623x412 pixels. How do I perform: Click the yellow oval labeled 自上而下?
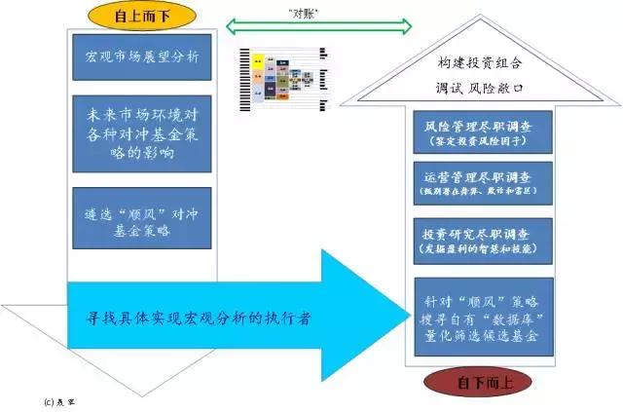pos(134,16)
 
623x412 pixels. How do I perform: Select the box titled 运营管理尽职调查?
pos(476,184)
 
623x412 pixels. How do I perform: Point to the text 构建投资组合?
pos(477,63)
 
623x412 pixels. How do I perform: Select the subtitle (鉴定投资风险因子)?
pos(476,143)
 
